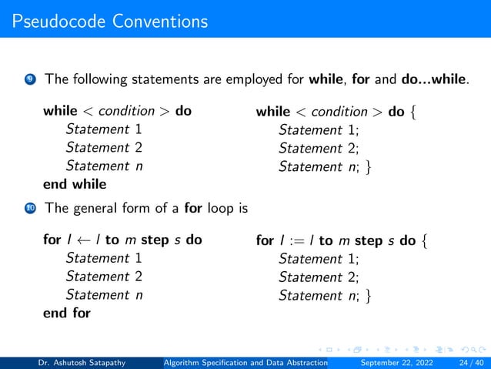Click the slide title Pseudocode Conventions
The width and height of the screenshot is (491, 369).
[110, 21]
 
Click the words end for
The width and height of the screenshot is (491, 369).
[66, 313]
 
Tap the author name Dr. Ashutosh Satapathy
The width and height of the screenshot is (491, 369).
[85, 361]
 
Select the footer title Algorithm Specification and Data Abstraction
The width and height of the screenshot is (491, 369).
[246, 361]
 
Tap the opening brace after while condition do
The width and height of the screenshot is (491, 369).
[416, 112]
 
